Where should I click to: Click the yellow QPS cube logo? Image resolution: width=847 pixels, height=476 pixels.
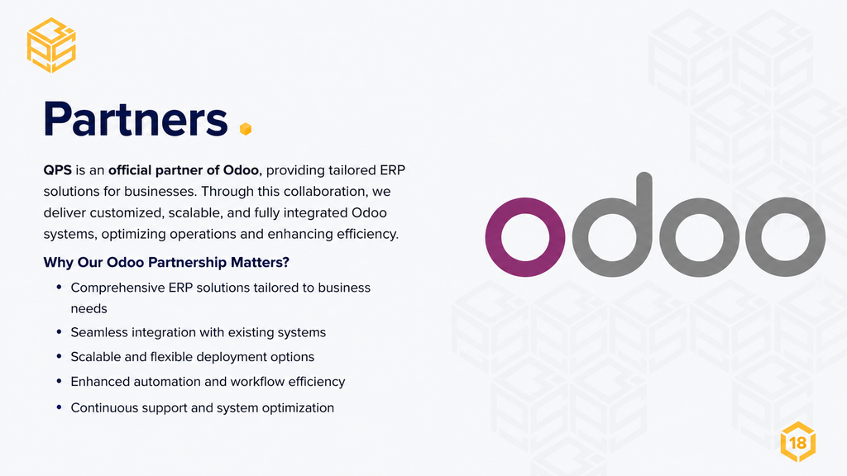[51, 45]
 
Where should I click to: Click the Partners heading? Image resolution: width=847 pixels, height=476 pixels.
[136, 119]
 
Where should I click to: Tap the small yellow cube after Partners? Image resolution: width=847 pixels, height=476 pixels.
[245, 128]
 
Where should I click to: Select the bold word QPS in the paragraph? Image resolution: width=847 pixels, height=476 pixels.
[57, 170]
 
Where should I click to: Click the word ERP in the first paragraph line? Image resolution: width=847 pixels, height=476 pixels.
[392, 170]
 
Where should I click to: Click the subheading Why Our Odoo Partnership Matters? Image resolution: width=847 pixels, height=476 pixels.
[166, 262]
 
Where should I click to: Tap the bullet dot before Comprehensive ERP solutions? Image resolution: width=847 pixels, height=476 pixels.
[59, 287]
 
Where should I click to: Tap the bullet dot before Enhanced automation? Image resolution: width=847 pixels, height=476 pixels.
[59, 381]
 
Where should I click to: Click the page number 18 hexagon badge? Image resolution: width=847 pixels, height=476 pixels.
[798, 442]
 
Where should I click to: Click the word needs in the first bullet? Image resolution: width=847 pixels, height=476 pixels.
[89, 309]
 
